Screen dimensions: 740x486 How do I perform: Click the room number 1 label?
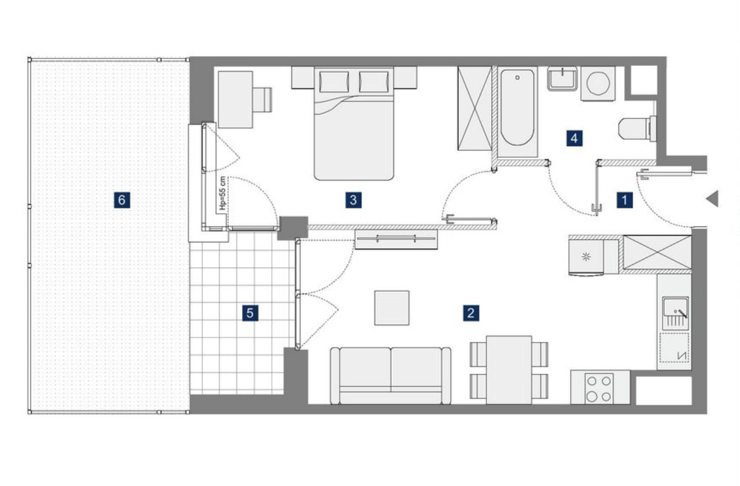(x=624, y=200)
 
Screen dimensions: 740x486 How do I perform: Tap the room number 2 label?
(x=471, y=313)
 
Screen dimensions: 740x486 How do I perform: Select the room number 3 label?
(x=353, y=200)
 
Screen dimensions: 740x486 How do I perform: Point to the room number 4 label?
(x=574, y=138)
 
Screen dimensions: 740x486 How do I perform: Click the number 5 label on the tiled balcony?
(x=250, y=313)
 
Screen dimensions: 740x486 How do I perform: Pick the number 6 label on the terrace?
(x=122, y=200)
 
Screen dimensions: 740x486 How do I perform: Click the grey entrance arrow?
(x=712, y=199)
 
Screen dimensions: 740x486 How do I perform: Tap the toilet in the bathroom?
(x=637, y=129)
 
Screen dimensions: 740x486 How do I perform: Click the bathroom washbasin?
(x=562, y=79)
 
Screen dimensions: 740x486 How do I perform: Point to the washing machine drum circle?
(x=598, y=84)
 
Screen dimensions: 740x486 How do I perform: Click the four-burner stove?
(x=599, y=388)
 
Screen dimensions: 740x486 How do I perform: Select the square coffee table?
(x=392, y=308)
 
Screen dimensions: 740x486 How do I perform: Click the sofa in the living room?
(x=391, y=376)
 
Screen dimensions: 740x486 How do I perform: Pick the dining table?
(x=509, y=370)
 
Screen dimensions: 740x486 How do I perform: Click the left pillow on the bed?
(x=334, y=82)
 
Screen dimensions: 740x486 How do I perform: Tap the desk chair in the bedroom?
(x=263, y=100)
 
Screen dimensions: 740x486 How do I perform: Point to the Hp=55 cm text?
(x=223, y=194)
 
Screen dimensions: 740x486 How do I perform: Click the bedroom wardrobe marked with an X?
(x=474, y=108)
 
